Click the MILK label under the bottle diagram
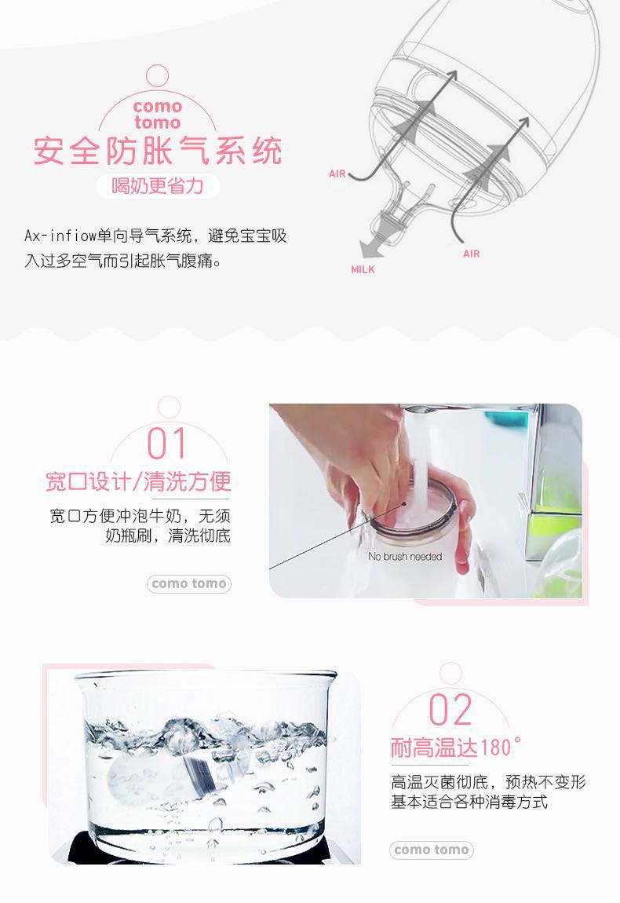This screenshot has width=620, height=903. tap(363, 269)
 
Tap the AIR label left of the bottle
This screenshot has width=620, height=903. tap(337, 174)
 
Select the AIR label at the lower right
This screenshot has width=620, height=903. tap(471, 254)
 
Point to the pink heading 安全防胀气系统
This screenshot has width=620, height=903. tap(158, 151)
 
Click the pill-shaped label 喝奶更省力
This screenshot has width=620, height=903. tap(158, 186)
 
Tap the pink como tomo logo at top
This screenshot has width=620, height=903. tap(157, 114)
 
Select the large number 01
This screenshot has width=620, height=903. tap(167, 444)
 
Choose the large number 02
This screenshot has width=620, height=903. tap(450, 710)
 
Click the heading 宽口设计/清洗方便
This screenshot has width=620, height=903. tap(138, 481)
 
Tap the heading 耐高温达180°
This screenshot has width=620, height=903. tap(456, 748)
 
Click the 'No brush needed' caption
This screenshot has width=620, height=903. tap(405, 556)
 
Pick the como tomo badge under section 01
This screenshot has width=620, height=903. tap(189, 584)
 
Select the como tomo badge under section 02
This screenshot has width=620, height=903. tap(431, 850)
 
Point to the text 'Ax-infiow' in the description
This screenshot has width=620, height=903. tap(60, 236)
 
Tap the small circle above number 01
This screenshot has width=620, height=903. tap(169, 406)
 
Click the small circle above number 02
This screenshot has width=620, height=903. tap(450, 673)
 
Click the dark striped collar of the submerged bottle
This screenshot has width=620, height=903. tap(199, 773)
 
